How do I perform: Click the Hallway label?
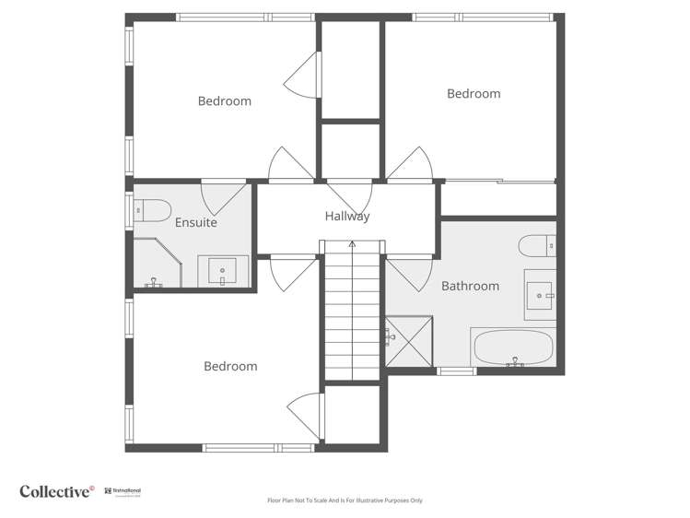point(347,217)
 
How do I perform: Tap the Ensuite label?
point(195,222)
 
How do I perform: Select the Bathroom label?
point(470,286)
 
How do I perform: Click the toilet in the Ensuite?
point(151,210)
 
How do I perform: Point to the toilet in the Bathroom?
point(537,245)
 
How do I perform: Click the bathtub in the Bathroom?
point(513,348)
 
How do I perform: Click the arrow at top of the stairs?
point(351,245)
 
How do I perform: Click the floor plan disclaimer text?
point(345,500)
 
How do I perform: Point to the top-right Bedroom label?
point(474,93)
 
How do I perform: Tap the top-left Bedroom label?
point(225,100)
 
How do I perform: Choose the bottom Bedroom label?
point(230,366)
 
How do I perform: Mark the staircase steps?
point(351,313)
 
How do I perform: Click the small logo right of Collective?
point(122,491)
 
